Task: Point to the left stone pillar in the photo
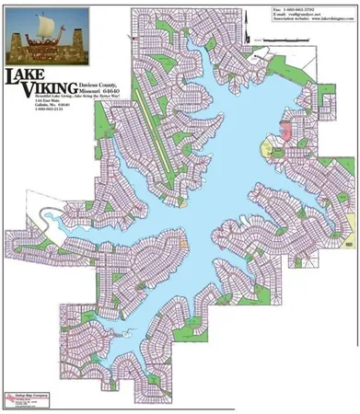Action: (x=18, y=41)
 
